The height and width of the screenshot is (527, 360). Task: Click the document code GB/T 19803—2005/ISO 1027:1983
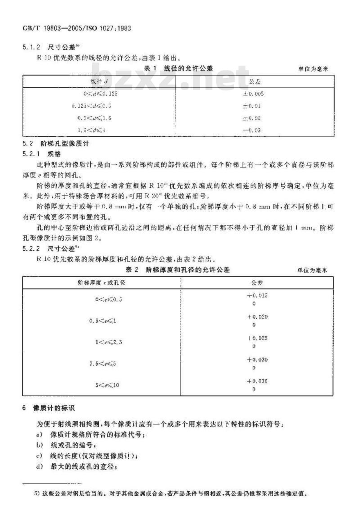click(76, 28)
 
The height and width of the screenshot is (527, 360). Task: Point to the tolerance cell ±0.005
click(255, 94)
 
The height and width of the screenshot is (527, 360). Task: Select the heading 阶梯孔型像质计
click(63, 144)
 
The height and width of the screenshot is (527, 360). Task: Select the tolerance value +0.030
click(257, 360)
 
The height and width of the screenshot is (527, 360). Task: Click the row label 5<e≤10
click(107, 385)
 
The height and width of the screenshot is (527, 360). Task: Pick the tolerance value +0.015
click(257, 295)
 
